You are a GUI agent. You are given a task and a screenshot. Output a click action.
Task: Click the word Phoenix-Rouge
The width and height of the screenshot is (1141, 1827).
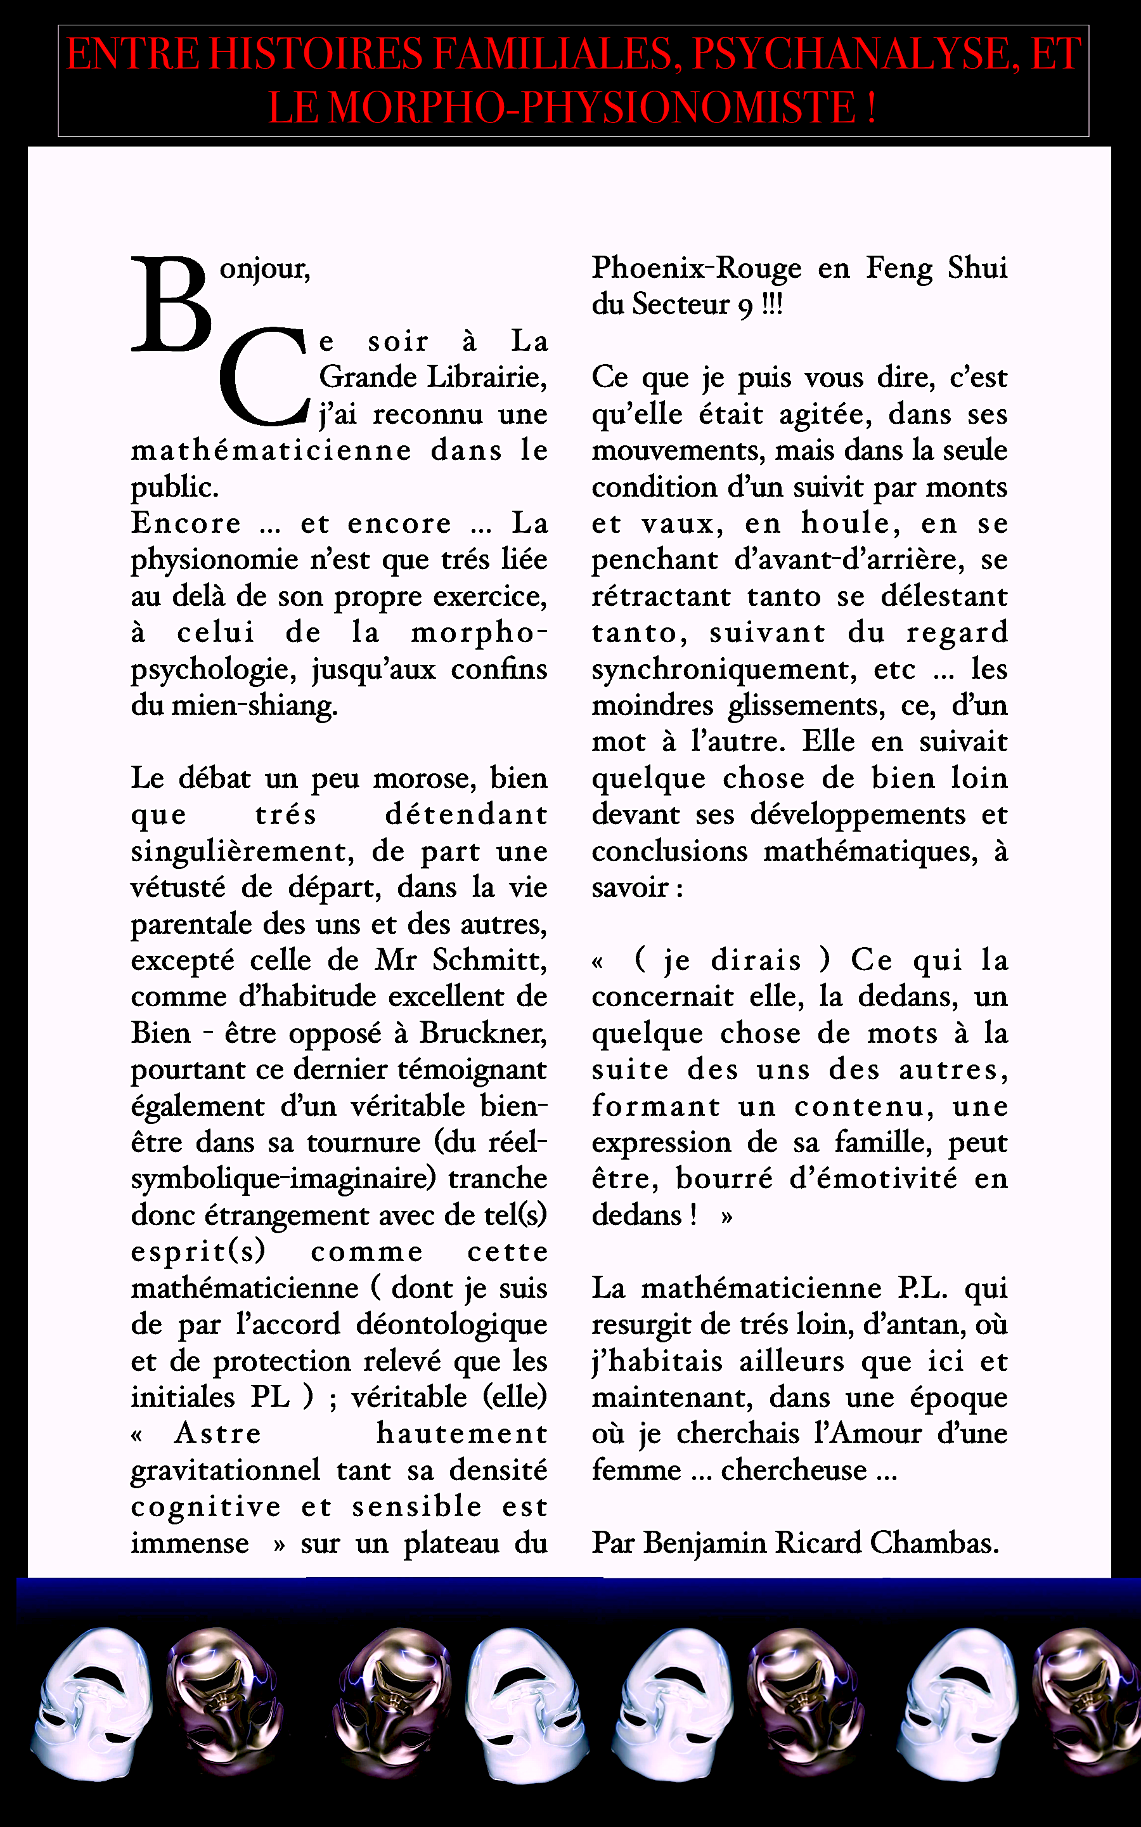coord(697,268)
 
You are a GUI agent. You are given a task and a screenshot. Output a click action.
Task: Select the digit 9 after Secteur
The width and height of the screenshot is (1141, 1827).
coord(745,306)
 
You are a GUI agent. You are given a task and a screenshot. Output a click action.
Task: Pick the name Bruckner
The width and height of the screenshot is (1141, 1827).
coord(483,1033)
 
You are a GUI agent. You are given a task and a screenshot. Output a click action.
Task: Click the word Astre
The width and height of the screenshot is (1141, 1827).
coord(217,1434)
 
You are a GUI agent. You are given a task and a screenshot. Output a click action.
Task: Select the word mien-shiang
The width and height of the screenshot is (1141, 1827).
coord(254,706)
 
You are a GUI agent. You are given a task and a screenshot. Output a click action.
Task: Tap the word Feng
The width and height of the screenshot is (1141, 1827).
coord(899,268)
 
